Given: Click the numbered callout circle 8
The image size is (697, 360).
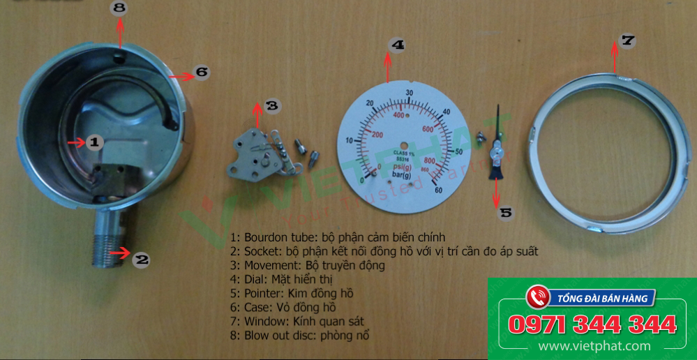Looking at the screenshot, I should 120,8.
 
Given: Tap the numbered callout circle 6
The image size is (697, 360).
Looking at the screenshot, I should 201,71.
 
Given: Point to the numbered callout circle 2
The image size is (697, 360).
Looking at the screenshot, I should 142,260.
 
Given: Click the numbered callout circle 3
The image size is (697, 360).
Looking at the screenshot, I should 271,106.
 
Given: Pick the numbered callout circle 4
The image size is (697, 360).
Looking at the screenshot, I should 397,45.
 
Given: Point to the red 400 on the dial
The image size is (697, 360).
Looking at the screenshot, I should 400,116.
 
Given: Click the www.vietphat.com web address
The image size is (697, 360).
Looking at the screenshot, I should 594,346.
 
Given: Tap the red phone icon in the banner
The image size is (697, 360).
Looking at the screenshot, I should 536,297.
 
